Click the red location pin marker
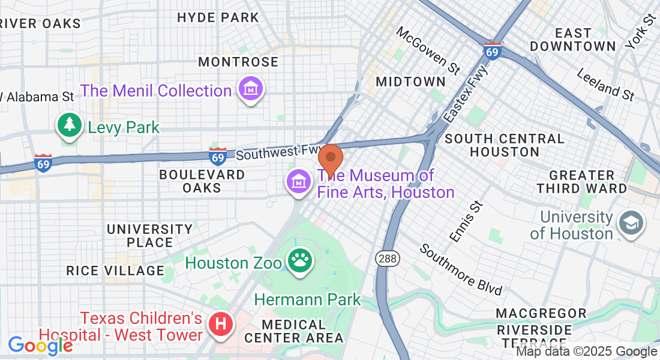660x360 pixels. pyautogui.click(x=330, y=159)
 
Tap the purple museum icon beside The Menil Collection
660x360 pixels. pyautogui.click(x=251, y=89)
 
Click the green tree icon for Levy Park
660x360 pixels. pyautogui.click(x=70, y=125)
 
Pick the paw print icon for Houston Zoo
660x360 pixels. pyautogui.click(x=299, y=261)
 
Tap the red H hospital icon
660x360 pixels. pyautogui.click(x=220, y=324)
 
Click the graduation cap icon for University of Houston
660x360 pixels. pyautogui.click(x=631, y=224)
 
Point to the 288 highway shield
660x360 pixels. pyautogui.click(x=387, y=258)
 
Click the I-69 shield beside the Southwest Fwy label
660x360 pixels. pyautogui.click(x=218, y=157)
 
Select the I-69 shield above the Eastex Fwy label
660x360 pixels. pyautogui.click(x=492, y=50)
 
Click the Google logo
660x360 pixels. pyautogui.click(x=40, y=345)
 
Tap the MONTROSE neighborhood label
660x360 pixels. pyautogui.click(x=238, y=62)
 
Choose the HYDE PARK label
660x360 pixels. pyautogui.click(x=218, y=17)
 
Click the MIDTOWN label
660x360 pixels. pyautogui.click(x=410, y=82)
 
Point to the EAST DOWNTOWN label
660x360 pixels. pyautogui.click(x=573, y=39)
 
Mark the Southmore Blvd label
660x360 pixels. pyautogui.click(x=461, y=269)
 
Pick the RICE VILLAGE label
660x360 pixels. pyautogui.click(x=115, y=271)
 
